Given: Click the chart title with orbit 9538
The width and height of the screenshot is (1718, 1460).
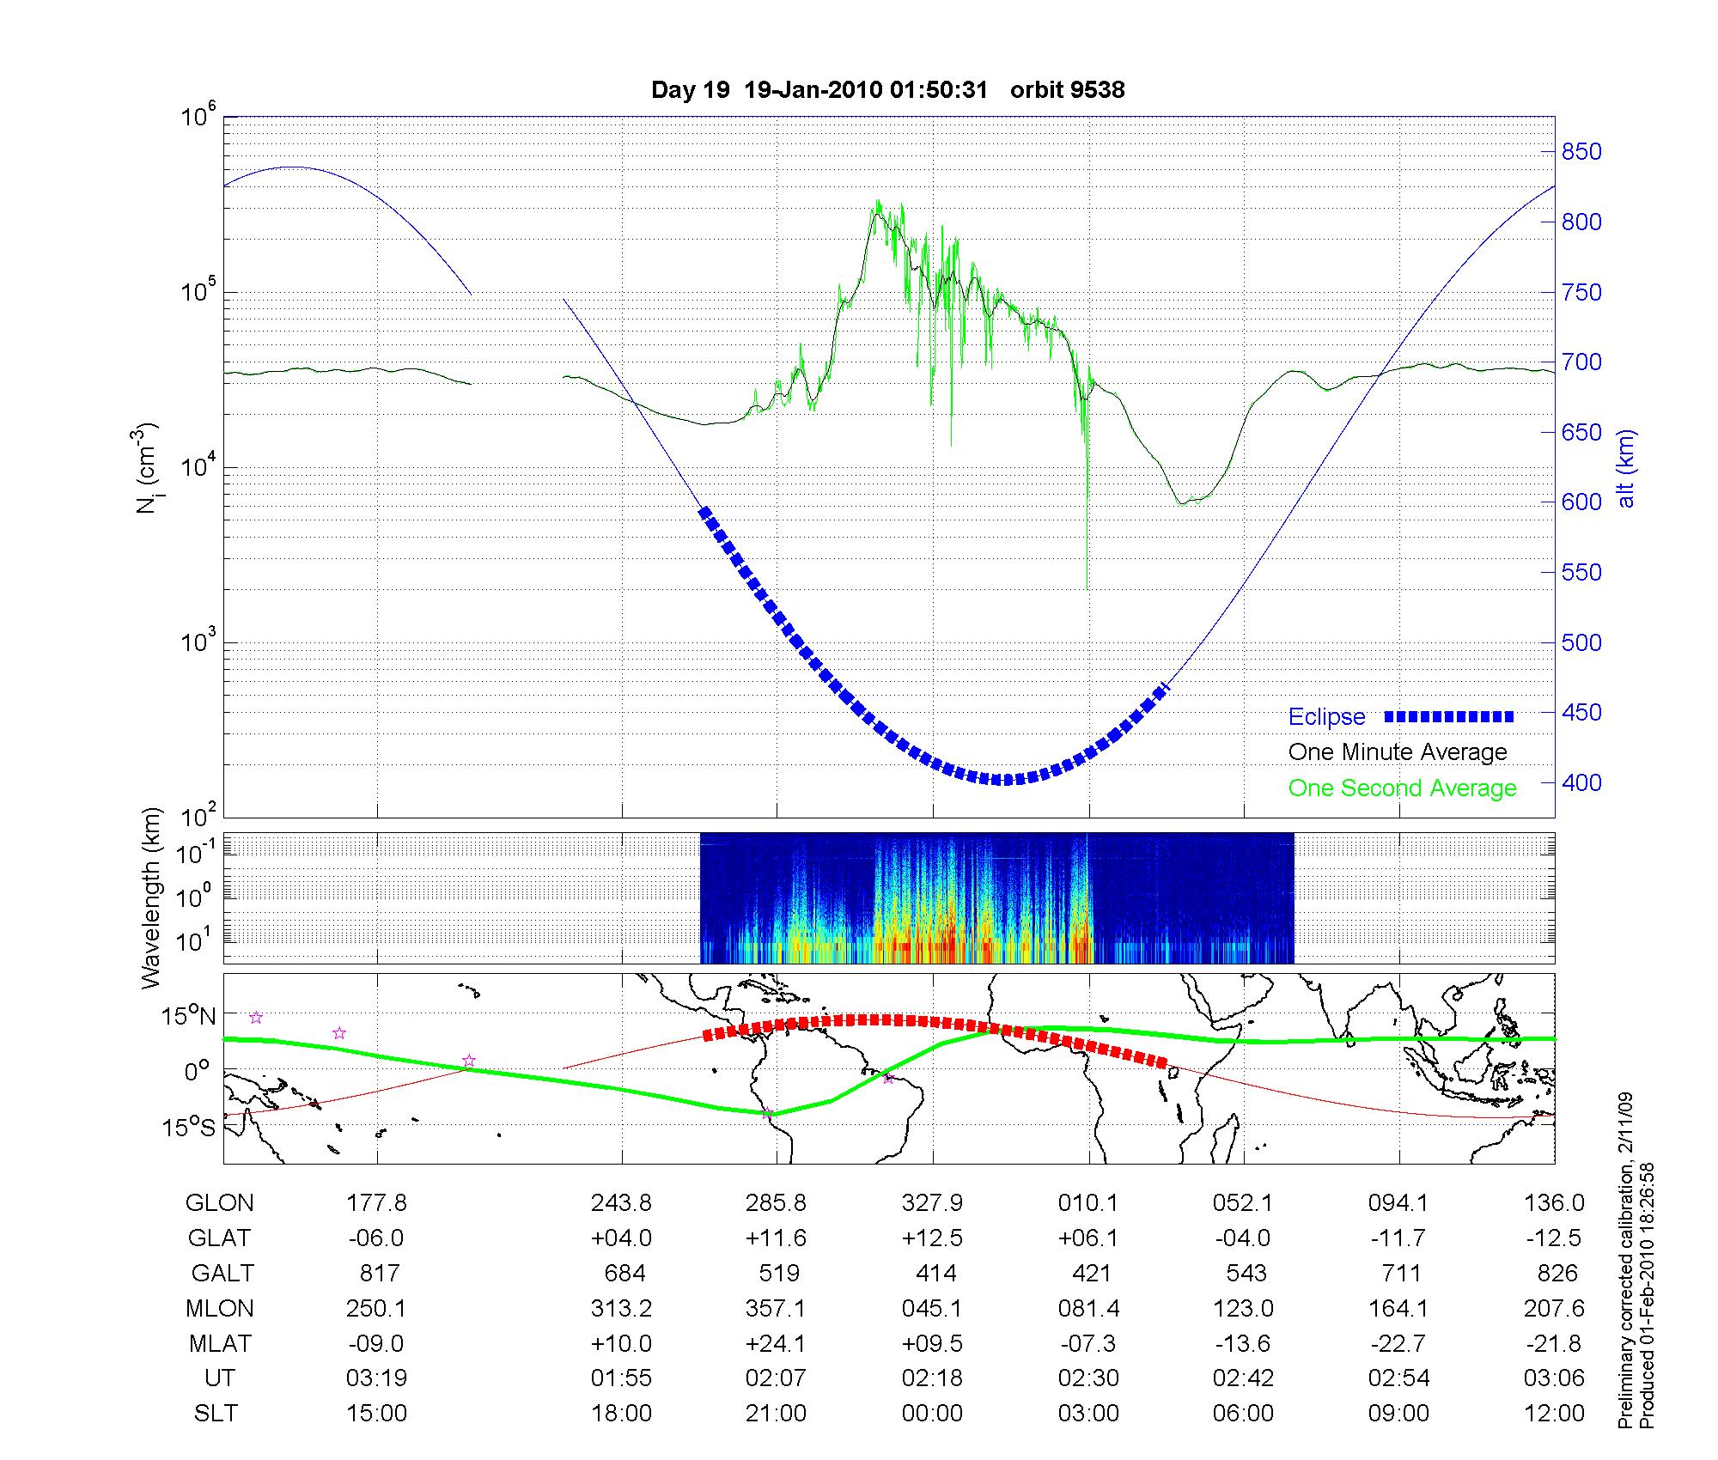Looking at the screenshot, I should click(887, 90).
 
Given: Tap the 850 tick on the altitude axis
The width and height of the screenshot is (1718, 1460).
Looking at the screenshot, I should click(1581, 152).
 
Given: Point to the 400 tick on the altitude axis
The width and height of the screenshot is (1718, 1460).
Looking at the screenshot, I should click(1581, 782).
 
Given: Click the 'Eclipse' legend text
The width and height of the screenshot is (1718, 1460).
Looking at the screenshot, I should click(1326, 717).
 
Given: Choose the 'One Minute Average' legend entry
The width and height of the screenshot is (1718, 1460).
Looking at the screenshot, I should click(1398, 752).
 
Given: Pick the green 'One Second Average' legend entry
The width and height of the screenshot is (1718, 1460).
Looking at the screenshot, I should click(1402, 788).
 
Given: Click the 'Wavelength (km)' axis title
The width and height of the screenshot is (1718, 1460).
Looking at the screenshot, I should click(153, 898).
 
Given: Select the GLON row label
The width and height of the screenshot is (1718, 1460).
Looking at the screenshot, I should click(219, 1203).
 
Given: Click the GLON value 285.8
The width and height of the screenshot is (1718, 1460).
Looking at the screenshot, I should click(776, 1203).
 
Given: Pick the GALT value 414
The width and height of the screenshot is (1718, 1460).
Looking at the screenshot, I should click(932, 1273).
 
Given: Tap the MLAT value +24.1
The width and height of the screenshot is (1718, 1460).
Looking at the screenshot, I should click(776, 1343).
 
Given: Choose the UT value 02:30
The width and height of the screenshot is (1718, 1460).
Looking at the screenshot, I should click(1088, 1378).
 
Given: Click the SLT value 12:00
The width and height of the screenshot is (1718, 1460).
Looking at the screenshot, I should click(1554, 1413).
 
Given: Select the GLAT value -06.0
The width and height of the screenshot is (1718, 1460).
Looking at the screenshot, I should click(376, 1238).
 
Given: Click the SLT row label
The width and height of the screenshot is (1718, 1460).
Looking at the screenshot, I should click(216, 1413).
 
